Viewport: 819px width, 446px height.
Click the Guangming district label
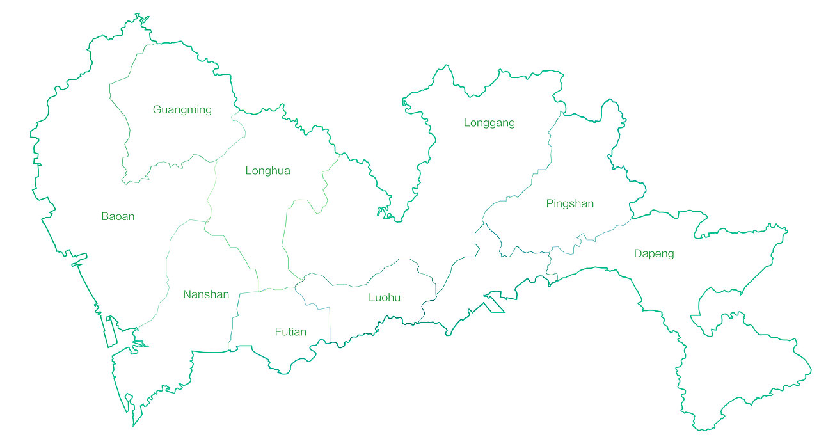tap(182, 109)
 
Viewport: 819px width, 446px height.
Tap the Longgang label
tap(489, 123)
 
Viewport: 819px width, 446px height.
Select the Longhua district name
tap(267, 171)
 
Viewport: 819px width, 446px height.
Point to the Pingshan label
tap(569, 204)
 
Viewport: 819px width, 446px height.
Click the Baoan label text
tap(118, 216)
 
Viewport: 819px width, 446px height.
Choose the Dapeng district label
tap(653, 254)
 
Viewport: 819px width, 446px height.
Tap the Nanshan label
tap(205, 294)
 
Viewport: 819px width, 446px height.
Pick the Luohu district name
tap(384, 298)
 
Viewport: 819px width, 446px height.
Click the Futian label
tap(290, 332)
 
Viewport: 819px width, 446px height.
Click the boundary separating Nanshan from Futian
tap(233, 320)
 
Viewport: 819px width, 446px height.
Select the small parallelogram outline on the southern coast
tap(495, 303)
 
